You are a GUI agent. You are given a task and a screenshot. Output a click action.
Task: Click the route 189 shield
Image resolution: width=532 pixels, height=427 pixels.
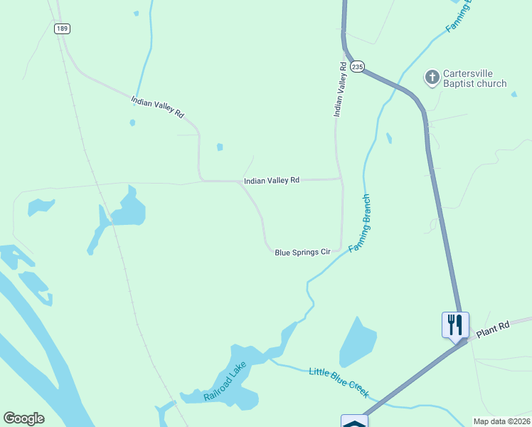(60, 28)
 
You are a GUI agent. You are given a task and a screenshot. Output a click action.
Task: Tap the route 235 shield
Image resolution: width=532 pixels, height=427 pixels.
(357, 65)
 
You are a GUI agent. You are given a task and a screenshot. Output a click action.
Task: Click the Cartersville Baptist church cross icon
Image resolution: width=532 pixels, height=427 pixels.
(432, 77)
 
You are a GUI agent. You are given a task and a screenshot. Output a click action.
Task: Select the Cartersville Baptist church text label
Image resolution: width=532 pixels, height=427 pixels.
(474, 78)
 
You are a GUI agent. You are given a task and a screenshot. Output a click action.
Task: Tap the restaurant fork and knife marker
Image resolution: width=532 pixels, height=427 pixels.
(454, 325)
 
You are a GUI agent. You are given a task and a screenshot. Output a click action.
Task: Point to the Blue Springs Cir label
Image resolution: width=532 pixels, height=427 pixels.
(303, 252)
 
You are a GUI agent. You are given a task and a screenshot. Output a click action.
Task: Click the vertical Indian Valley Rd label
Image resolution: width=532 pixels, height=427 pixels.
(341, 89)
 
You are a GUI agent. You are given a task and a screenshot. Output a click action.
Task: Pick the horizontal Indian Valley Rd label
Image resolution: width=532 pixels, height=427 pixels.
(272, 181)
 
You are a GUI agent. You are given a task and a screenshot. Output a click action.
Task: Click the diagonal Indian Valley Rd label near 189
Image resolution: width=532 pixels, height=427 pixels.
(157, 107)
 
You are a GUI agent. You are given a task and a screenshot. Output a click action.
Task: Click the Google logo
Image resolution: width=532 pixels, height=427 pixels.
(23, 418)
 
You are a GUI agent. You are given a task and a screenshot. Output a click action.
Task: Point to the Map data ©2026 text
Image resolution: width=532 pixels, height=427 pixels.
(501, 421)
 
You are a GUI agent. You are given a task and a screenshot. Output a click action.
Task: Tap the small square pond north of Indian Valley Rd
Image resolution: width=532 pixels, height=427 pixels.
(220, 147)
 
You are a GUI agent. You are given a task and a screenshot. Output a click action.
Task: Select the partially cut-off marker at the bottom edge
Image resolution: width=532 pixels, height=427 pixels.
(354, 421)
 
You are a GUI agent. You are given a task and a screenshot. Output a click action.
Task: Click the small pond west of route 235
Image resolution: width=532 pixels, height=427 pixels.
(388, 137)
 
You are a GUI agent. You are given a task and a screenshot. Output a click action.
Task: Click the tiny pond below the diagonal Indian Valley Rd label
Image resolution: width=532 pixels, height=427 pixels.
(132, 122)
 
